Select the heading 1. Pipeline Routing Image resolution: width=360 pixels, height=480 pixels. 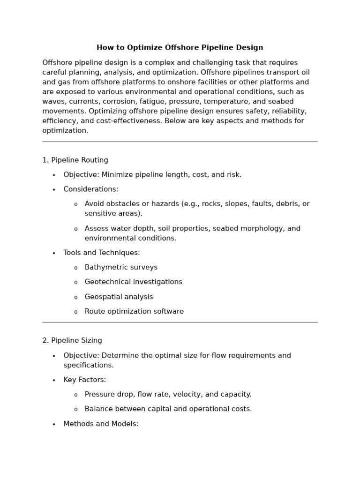coord(75,160)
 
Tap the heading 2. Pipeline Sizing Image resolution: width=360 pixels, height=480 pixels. coord(72,341)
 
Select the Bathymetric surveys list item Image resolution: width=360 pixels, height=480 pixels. coord(121,268)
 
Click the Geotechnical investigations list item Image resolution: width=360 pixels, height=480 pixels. coord(133,282)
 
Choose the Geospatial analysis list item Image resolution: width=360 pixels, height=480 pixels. coord(119,297)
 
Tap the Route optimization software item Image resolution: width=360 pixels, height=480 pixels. coord(134,312)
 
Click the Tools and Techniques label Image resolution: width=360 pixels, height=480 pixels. coord(102,253)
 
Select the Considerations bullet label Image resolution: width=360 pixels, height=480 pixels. coord(91,189)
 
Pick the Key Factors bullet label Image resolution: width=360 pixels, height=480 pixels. coord(85,380)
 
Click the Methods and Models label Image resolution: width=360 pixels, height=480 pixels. coord(101,424)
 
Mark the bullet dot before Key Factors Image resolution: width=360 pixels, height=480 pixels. coord(54,381)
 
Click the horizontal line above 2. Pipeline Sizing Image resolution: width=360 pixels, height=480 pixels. coord(180,322)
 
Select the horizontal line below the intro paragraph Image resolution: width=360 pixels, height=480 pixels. coord(180,142)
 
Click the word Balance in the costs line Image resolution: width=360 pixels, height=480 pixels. coord(98,409)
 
